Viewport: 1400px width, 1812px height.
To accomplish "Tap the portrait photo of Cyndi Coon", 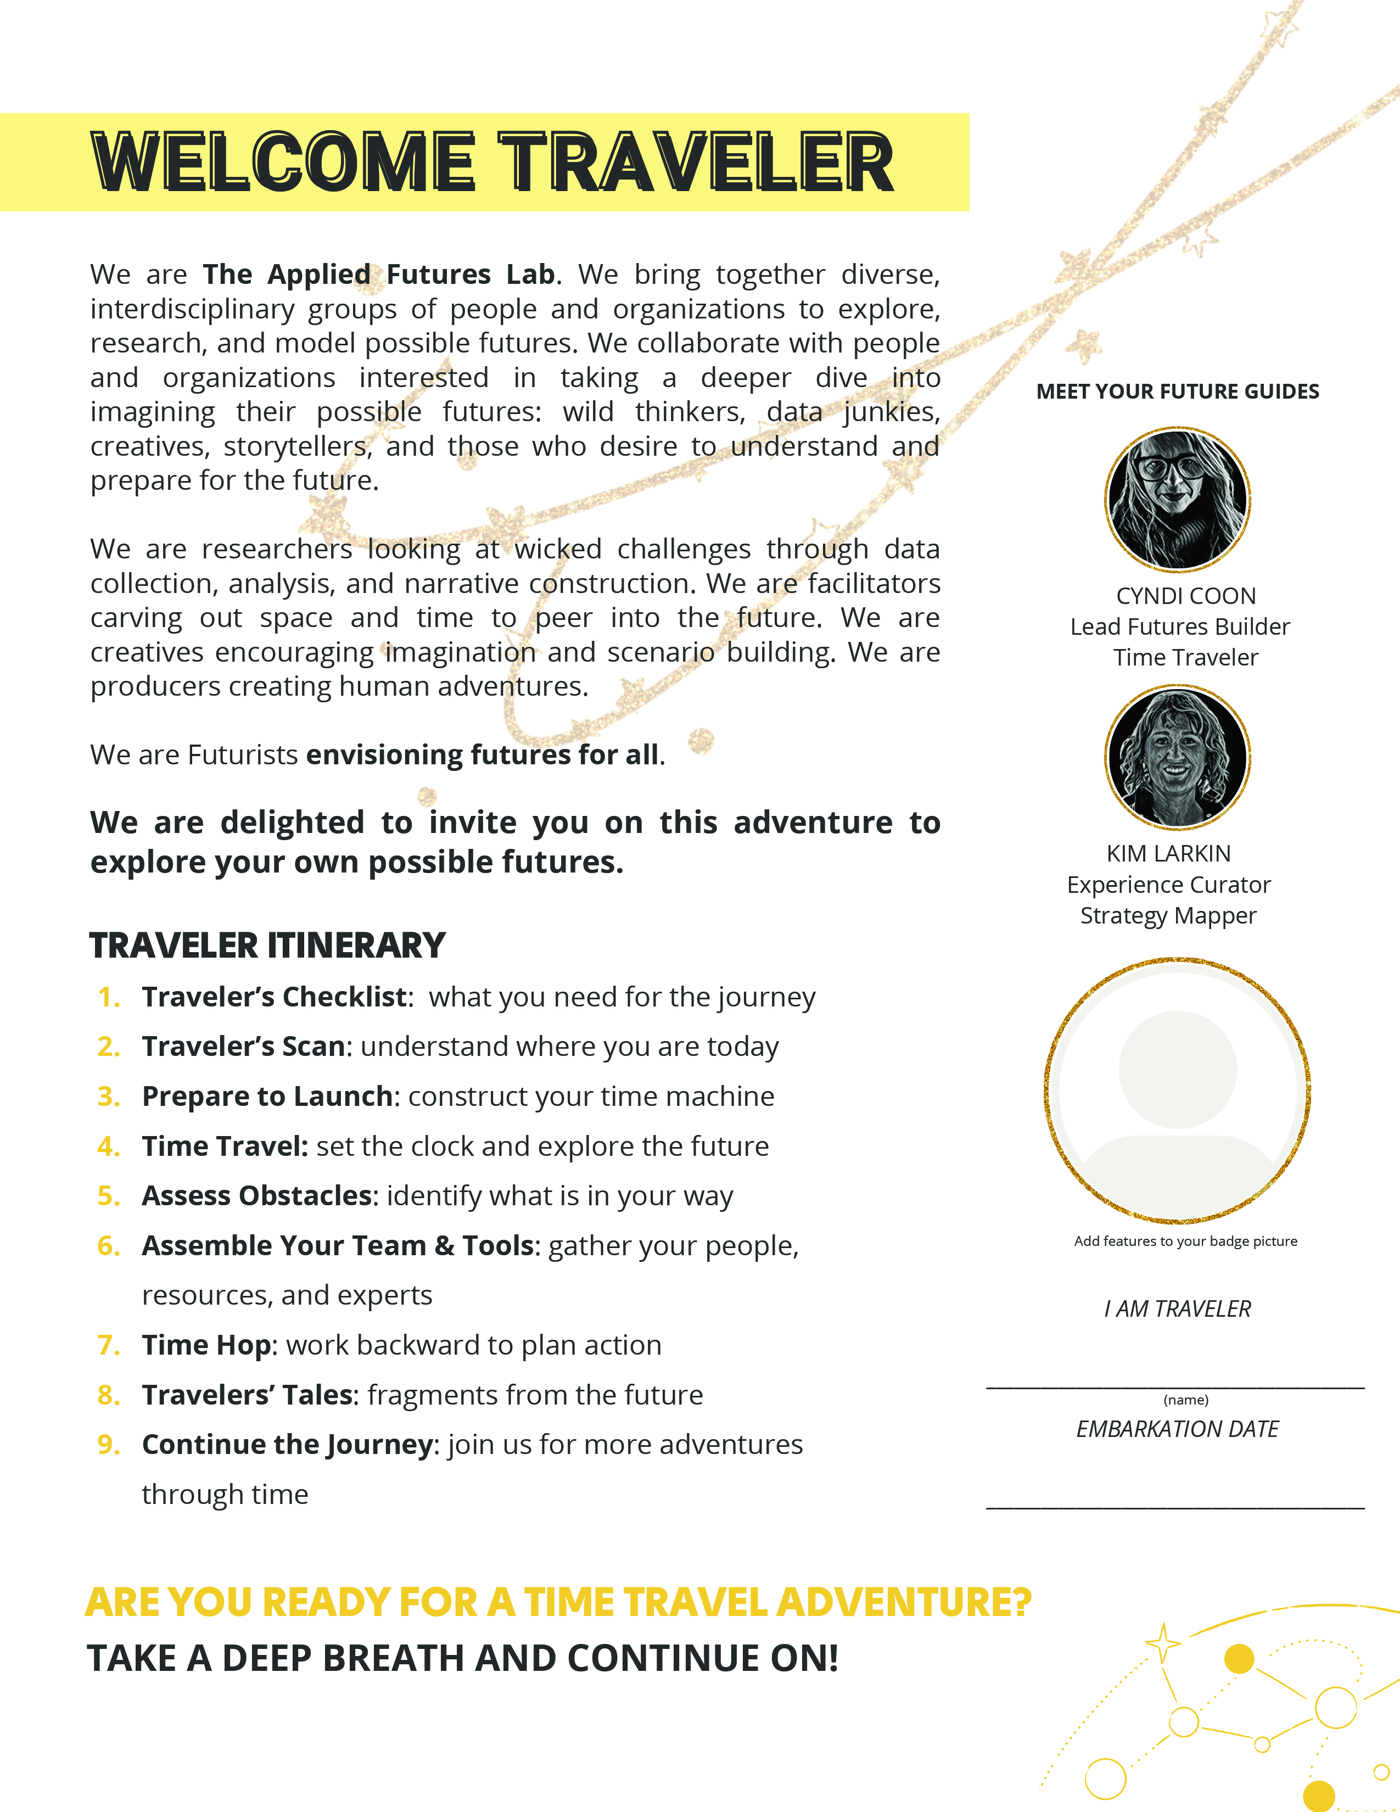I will point(1177,500).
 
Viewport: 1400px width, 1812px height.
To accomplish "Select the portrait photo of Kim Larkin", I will point(1177,757).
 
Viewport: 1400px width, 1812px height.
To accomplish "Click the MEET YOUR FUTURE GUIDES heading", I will point(1177,392).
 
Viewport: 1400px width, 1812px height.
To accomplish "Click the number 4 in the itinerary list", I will point(108,1147).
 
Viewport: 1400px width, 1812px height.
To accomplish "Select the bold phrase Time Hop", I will point(206,1345).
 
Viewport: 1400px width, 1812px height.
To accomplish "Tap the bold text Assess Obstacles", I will point(257,1195).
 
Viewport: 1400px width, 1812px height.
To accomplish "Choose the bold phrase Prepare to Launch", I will point(267,1096).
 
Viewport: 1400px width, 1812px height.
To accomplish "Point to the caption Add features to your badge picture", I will point(1185,1241).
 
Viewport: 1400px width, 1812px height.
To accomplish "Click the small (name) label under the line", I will point(1185,1400).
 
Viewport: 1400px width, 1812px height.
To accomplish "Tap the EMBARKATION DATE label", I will point(1177,1429).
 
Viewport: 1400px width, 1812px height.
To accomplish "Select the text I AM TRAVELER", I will point(1177,1308).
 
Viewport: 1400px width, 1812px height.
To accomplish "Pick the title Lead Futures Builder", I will point(1179,627).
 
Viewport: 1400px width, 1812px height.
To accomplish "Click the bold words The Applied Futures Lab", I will point(379,275).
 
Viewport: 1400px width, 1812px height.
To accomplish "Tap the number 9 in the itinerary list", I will point(108,1445).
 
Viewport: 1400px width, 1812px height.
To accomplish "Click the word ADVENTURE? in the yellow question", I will point(904,1602).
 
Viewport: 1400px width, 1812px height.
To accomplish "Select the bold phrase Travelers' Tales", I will point(247,1395).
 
